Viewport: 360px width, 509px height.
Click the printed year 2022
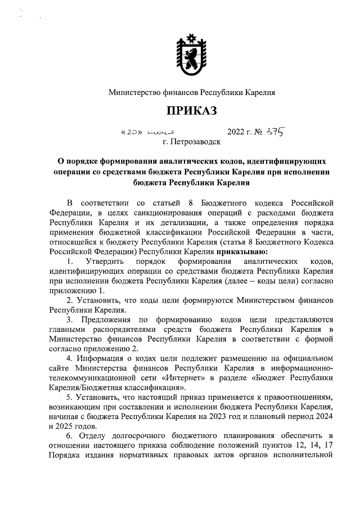(x=238, y=133)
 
